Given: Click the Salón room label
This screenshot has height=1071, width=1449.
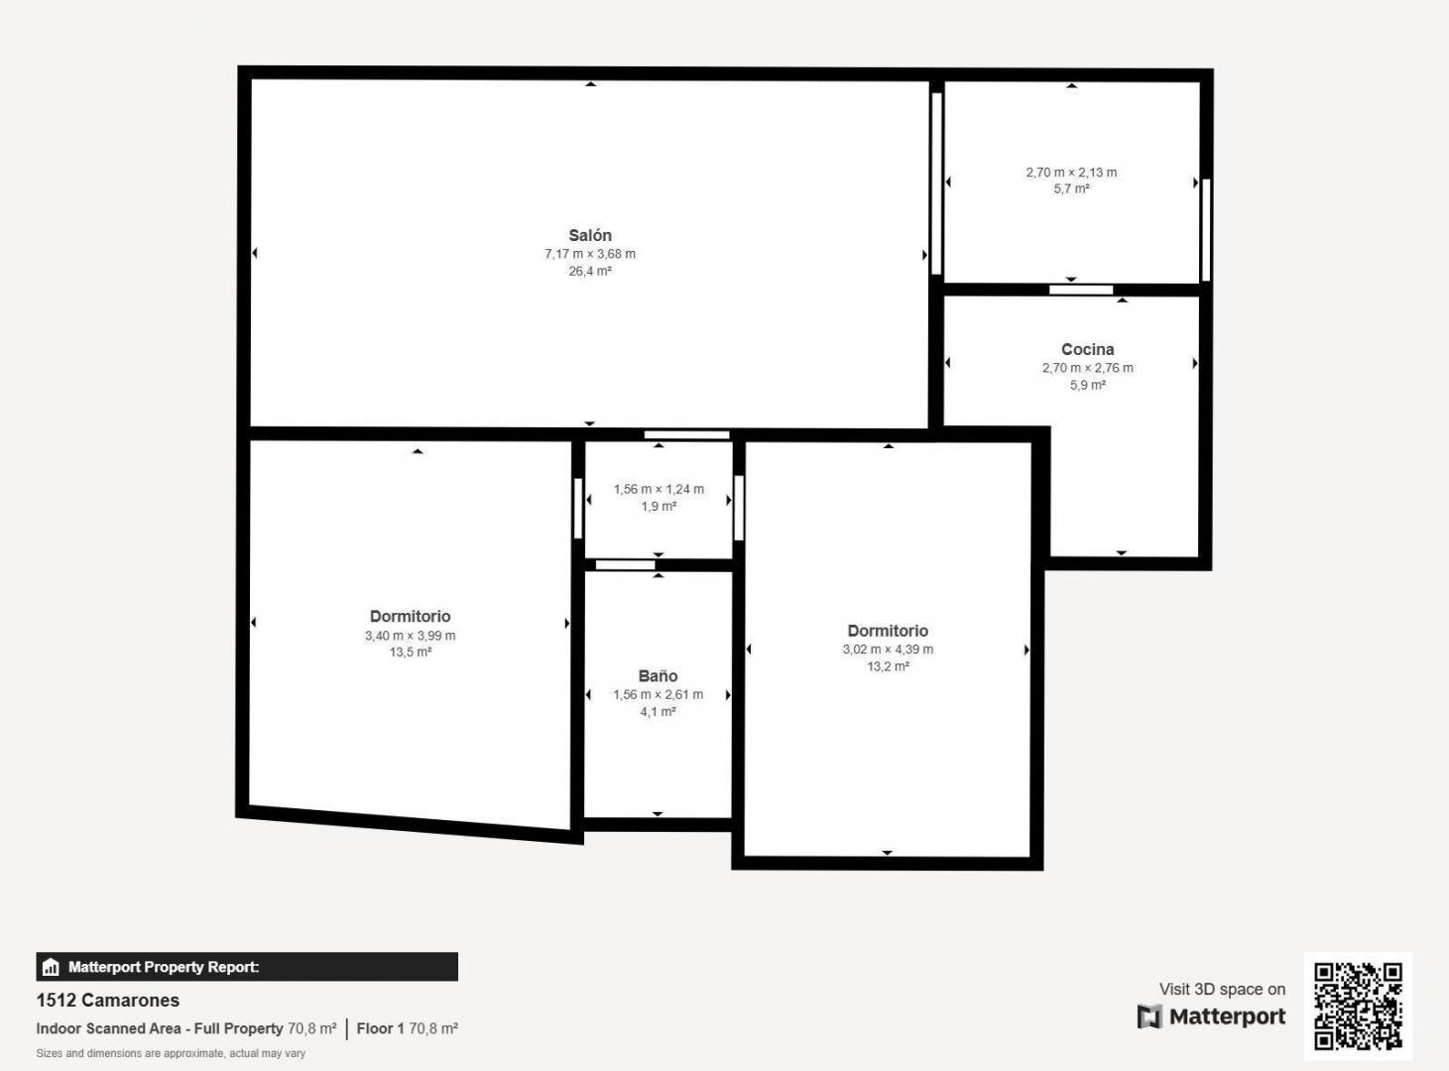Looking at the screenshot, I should click(x=589, y=235).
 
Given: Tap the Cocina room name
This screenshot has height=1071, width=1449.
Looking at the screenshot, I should click(x=1087, y=349).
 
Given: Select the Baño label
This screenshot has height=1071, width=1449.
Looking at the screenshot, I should click(x=658, y=676).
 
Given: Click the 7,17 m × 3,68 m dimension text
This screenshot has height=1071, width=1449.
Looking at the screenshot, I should click(x=589, y=254).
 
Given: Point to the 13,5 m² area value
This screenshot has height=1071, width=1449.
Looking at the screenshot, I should click(x=410, y=653).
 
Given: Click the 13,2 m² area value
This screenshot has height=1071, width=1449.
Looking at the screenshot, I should click(x=888, y=666).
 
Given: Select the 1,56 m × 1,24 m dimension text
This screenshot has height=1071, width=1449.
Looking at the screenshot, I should click(x=659, y=489).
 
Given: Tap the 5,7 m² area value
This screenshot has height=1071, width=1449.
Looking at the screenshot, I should click(x=1071, y=188).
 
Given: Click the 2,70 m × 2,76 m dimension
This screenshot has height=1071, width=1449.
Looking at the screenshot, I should click(x=1087, y=368).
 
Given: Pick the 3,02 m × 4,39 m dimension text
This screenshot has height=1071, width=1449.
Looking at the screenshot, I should click(x=888, y=650).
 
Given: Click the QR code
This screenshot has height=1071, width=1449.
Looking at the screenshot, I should click(x=1358, y=1006).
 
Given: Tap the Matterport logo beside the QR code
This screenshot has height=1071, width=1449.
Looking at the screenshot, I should click(x=1211, y=1016).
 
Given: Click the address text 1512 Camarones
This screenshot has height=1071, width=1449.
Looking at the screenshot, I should click(x=108, y=1000).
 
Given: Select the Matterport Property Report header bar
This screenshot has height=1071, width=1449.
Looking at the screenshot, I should click(x=247, y=967).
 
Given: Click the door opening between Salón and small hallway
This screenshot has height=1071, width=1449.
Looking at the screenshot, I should click(x=686, y=434).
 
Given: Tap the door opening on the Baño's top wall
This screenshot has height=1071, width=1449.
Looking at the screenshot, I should click(x=625, y=565).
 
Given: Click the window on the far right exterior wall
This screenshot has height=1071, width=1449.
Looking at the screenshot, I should click(x=1206, y=229).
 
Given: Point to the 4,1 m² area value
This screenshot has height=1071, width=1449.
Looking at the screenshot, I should click(x=658, y=712).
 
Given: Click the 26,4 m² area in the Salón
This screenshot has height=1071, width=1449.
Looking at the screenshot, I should click(x=589, y=271).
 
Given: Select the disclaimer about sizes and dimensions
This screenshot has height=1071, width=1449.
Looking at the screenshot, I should click(x=171, y=1053).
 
